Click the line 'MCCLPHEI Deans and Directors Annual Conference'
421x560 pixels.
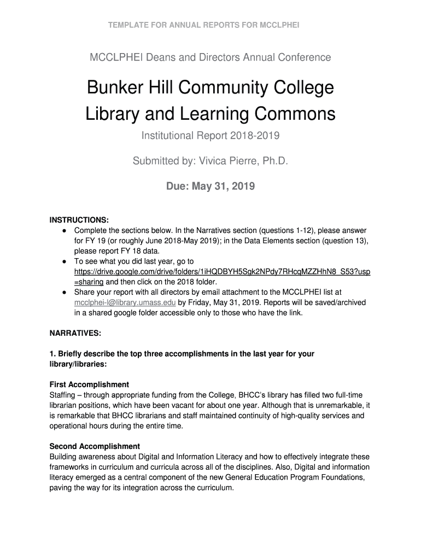(x=210, y=57)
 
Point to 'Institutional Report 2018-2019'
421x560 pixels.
(x=210, y=136)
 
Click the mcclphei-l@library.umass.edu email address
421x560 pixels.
(x=125, y=302)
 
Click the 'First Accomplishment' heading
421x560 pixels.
(x=89, y=384)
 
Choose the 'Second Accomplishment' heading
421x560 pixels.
(x=95, y=446)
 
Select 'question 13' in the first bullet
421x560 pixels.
(x=347, y=241)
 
